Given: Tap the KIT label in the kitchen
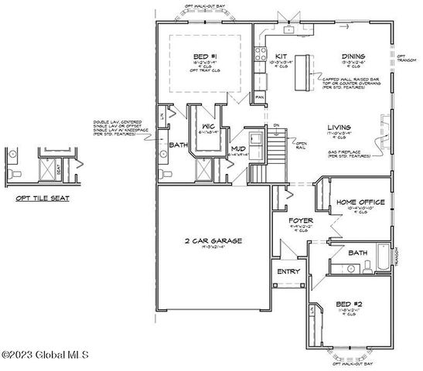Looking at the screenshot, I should (x=281, y=56).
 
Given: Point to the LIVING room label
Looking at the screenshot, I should (x=339, y=127).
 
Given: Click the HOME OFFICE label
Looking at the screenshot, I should (x=356, y=203).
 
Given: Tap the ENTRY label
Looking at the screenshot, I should (x=289, y=271).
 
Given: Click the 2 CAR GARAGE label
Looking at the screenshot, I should (x=213, y=241).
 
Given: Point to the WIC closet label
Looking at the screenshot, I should (x=207, y=126).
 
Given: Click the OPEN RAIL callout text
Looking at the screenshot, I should (x=302, y=145).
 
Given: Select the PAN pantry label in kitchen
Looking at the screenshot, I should (x=261, y=97).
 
